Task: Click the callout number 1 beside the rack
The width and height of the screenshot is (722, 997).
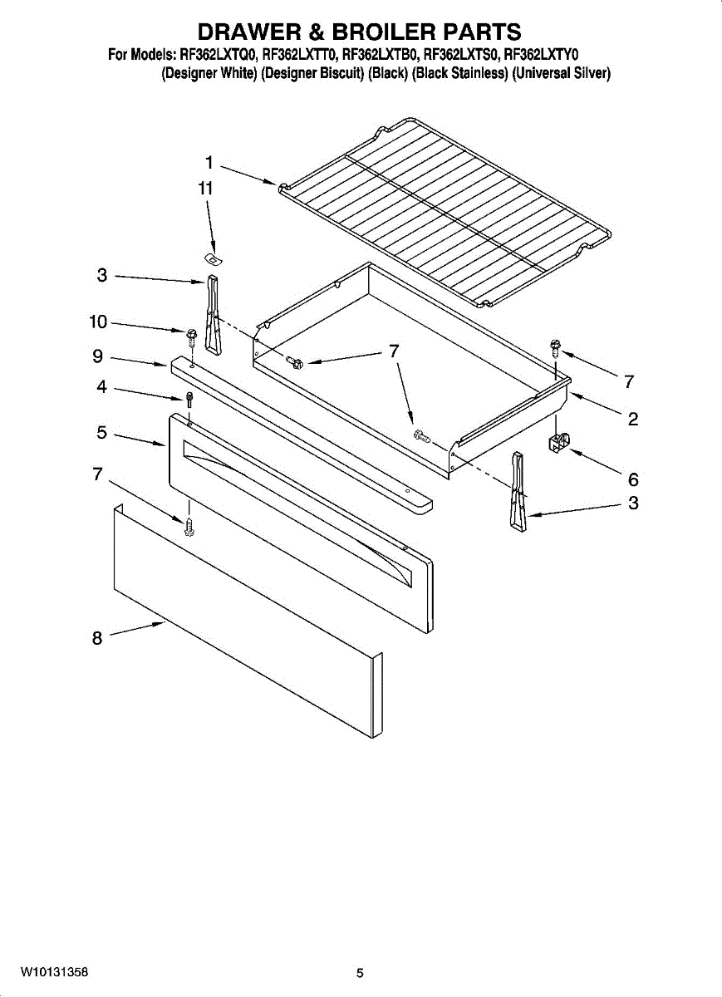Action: coord(209,163)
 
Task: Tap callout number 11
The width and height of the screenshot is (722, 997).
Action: coord(205,189)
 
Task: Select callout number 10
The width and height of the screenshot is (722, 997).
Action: coord(98,322)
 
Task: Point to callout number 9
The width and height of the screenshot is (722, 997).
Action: coord(98,356)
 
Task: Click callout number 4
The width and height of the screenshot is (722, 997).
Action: coord(101,387)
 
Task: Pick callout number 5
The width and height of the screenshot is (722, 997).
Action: coord(102,432)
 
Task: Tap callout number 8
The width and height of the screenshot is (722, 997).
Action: coord(97,638)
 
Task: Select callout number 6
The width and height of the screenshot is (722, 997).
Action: coord(633,479)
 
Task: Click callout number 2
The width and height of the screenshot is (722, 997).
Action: coord(633,419)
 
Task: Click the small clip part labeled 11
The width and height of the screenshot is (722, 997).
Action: coord(214,258)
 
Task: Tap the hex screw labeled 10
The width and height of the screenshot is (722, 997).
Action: coord(191,338)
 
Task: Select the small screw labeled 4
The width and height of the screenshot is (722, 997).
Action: coord(189,399)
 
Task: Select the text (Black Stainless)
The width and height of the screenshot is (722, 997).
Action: coord(459,73)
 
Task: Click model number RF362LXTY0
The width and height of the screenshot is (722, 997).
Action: coord(541,55)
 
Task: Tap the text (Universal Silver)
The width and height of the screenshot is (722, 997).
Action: coord(562,73)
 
